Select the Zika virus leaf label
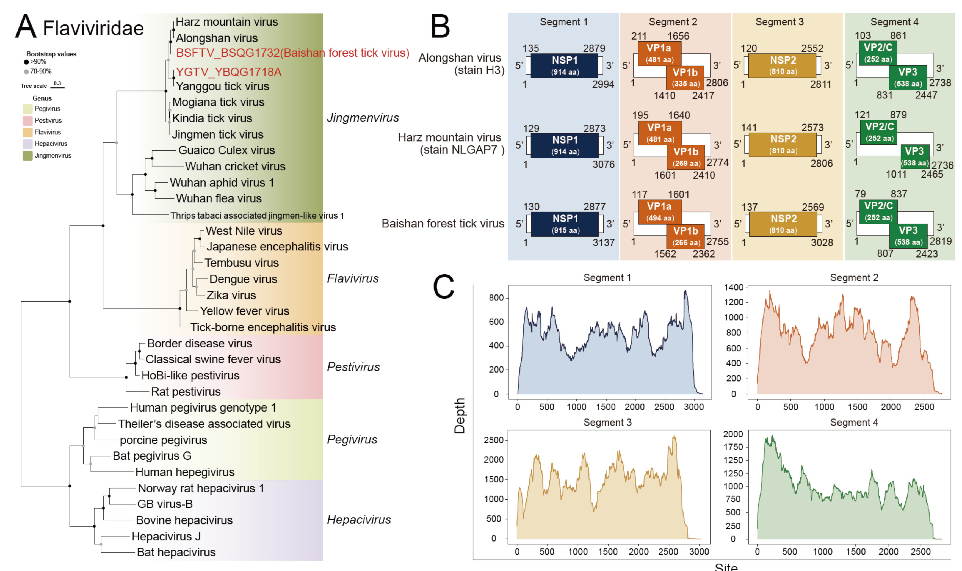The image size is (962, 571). [x=231, y=295]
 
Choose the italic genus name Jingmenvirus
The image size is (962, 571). [x=363, y=117]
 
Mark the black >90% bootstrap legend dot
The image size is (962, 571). [x=26, y=62]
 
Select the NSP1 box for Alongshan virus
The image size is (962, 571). [x=564, y=65]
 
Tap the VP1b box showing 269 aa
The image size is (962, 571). [x=686, y=157]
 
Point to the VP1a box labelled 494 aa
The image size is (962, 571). [x=660, y=212]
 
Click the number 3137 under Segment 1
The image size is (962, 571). [x=603, y=242]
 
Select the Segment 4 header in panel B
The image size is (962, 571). [x=894, y=22]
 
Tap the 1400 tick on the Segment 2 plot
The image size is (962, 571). [x=734, y=287]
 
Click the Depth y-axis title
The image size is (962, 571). [x=459, y=416]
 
